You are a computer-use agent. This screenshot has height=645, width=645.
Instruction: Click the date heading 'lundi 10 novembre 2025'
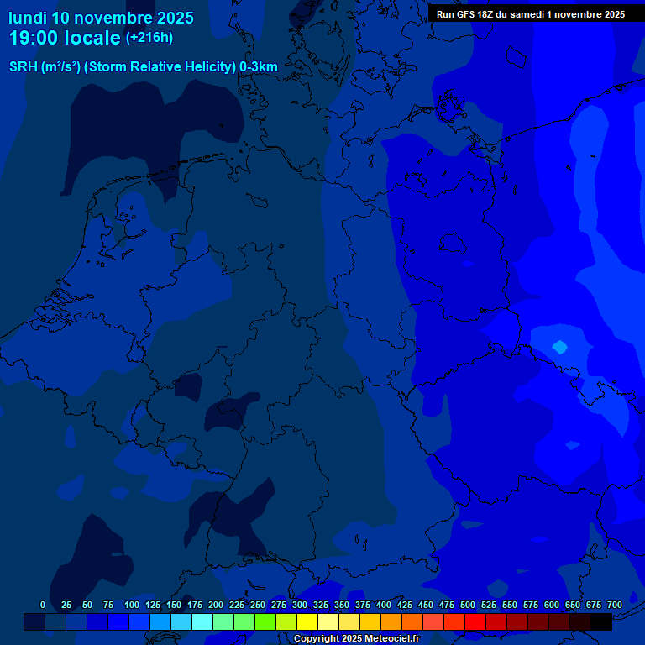click(101, 18)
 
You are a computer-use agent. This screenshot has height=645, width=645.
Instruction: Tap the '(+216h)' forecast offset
click(149, 38)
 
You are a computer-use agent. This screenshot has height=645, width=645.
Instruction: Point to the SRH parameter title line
click(144, 66)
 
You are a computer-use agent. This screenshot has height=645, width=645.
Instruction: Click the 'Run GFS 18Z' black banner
click(530, 13)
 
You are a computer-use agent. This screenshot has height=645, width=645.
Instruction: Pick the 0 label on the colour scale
click(43, 605)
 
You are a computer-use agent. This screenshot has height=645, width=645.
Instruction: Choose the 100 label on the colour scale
click(132, 605)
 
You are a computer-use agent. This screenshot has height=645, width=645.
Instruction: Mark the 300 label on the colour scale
click(300, 605)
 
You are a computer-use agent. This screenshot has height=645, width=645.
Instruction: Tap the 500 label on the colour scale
click(468, 605)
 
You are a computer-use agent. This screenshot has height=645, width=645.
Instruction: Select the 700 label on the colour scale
click(615, 605)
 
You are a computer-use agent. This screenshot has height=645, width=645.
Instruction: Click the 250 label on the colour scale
click(258, 605)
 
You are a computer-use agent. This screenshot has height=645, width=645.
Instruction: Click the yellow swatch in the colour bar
click(307, 622)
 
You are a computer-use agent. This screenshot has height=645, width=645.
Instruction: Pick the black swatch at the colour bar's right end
click(601, 622)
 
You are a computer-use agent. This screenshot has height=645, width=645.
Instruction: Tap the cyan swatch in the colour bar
click(202, 622)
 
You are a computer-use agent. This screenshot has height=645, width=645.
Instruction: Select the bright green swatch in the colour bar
click(265, 622)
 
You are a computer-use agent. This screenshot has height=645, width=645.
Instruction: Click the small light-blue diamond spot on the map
click(559, 346)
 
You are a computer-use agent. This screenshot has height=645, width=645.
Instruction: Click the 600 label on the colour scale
click(552, 605)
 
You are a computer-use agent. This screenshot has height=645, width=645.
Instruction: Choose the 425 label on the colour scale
click(405, 605)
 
